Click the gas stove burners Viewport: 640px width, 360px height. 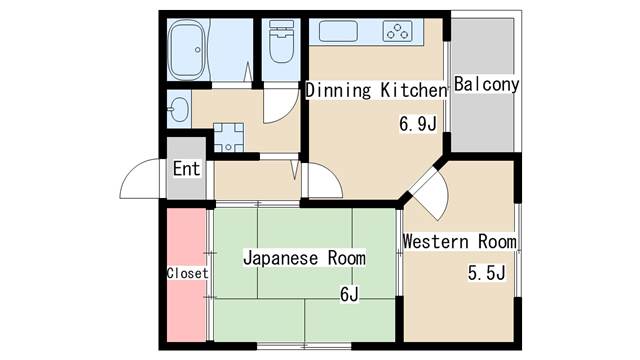[x=398, y=31]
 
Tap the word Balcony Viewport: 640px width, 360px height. [x=486, y=85]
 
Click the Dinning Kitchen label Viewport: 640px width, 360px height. [x=375, y=91]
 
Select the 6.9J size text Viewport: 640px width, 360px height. [x=418, y=125]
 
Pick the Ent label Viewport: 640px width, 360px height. [x=187, y=168]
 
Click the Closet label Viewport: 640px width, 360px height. [x=187, y=272]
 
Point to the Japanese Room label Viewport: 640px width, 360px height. [x=304, y=258]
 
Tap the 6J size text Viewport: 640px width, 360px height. [x=349, y=294]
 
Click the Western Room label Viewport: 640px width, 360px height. [x=459, y=241]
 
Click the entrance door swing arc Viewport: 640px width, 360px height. [x=140, y=180]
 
